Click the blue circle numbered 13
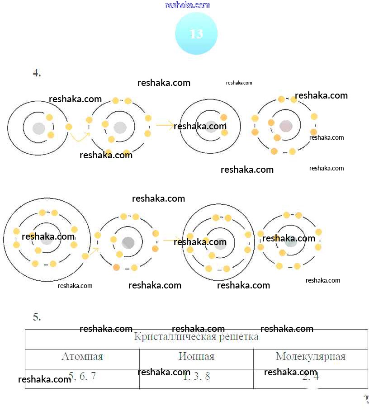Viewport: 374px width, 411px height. pos(196,34)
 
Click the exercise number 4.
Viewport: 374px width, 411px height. pos(37,73)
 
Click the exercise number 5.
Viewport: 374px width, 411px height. pos(37,317)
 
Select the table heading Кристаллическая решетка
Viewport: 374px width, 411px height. pos(196,337)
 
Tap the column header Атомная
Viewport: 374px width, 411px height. pos(82,357)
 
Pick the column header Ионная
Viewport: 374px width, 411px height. pos(196,357)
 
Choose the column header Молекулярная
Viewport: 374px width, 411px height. pos(310,357)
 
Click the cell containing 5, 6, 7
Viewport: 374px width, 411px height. pos(82,377)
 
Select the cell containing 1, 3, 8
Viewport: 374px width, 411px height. pos(196,377)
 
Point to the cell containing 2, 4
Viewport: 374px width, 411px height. pos(310,377)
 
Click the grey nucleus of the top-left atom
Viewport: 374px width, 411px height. pos(39,128)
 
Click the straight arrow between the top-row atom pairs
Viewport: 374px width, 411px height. pos(165,125)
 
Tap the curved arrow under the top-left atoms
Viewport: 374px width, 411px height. pos(80,137)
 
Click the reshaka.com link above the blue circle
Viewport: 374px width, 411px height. pos(188,5)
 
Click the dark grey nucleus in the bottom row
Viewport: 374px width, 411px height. pos(128,243)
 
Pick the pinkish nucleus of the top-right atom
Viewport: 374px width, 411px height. pos(286,126)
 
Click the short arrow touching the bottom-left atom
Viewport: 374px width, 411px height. pos(94,251)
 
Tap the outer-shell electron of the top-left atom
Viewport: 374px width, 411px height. pos(69,127)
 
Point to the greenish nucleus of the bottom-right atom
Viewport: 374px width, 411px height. pos(291,241)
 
